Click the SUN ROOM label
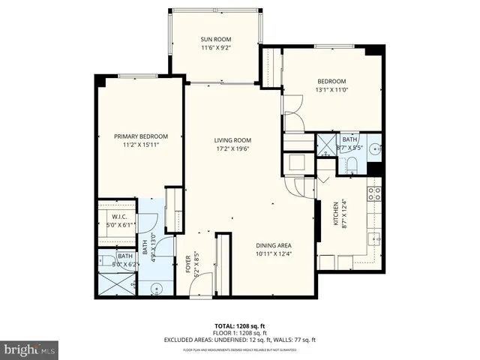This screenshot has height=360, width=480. click(x=215, y=39)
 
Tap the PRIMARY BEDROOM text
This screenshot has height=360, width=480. click(x=141, y=136)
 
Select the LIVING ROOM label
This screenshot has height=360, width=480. click(x=232, y=140)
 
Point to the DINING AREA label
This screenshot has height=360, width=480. click(x=274, y=246)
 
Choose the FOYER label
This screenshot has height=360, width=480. click(x=188, y=266)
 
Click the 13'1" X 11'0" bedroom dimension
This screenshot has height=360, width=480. click(x=331, y=90)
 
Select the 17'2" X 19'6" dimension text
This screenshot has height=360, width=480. click(x=232, y=149)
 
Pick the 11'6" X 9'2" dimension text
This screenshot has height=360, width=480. click(x=215, y=48)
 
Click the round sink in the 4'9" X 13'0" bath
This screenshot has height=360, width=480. click(x=156, y=287)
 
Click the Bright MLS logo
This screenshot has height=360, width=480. click(x=30, y=349)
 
